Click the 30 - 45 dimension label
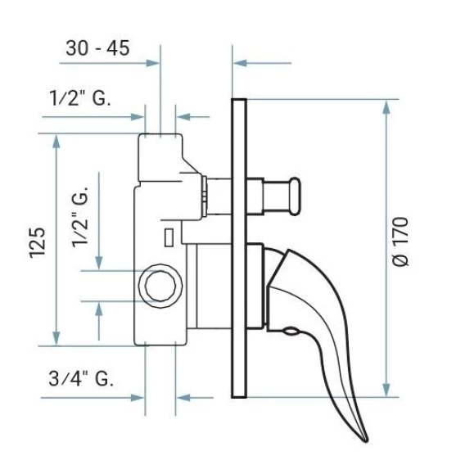(x=97, y=48)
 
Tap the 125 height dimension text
(x=38, y=242)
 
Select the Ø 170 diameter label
(x=400, y=242)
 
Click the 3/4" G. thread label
(x=81, y=378)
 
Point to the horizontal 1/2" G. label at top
(x=80, y=98)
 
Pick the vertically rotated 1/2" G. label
(x=80, y=218)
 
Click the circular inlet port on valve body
(x=160, y=287)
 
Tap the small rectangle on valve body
(x=169, y=237)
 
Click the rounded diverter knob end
(x=295, y=196)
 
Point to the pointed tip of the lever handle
(x=366, y=441)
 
